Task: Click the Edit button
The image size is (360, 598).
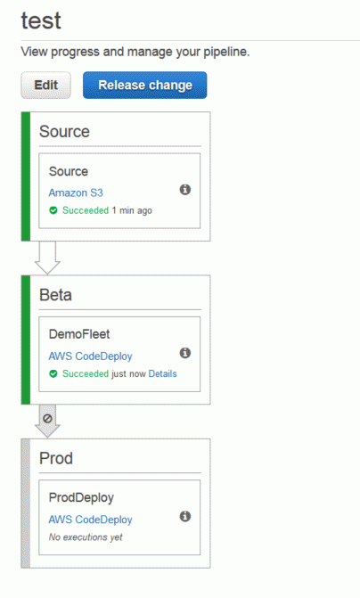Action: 45,85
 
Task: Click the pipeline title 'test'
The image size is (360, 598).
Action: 41,20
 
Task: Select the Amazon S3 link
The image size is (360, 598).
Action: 76,193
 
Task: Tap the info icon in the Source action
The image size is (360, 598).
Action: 185,190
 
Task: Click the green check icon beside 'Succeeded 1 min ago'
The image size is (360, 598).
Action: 53,210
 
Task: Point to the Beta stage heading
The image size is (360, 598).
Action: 55,295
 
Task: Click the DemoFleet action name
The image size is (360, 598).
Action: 79,334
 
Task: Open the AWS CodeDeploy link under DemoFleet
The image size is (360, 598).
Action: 90,356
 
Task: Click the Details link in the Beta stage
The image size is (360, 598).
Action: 162,373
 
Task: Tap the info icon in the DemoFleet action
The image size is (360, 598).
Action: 185,353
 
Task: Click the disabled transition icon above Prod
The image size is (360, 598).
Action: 47,418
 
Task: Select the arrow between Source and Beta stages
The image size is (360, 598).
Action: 47,258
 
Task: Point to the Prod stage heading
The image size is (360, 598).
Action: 56,458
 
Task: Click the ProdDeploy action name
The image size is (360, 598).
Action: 81,497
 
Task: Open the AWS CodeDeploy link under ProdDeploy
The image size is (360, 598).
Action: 90,520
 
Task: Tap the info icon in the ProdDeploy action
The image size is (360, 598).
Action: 185,516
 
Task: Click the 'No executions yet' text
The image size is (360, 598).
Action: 86,537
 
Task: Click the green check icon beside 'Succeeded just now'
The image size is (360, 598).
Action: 53,373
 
